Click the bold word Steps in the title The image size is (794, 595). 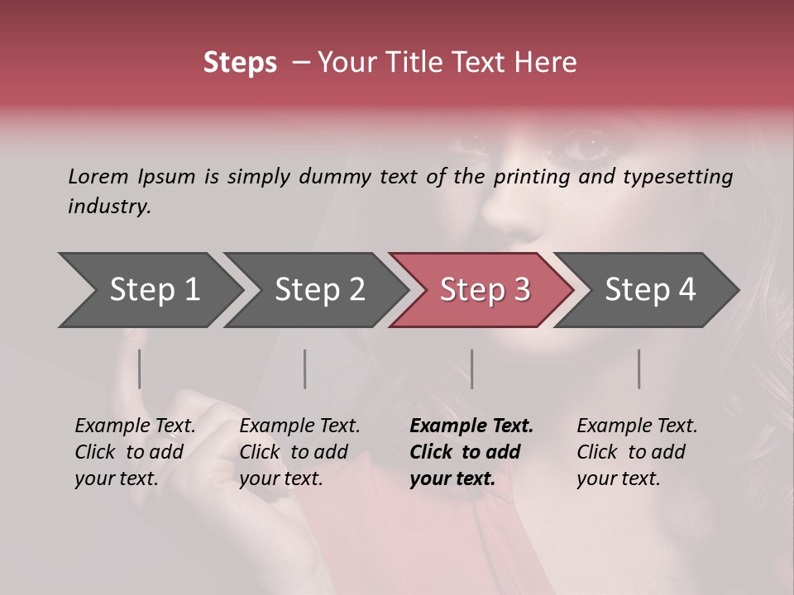[x=240, y=63]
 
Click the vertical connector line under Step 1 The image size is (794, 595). [x=140, y=369]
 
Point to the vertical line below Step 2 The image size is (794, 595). [x=305, y=369]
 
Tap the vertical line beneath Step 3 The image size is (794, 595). [x=471, y=369]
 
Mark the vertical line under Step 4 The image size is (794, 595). [x=639, y=369]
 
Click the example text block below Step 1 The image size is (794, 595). [x=135, y=452]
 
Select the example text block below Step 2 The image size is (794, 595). [x=299, y=452]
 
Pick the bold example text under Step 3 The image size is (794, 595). [x=471, y=452]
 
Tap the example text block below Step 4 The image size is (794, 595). [x=637, y=452]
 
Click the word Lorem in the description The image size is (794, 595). [x=98, y=176]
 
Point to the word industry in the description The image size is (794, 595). [x=109, y=207]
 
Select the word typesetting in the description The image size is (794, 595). [x=678, y=177]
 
